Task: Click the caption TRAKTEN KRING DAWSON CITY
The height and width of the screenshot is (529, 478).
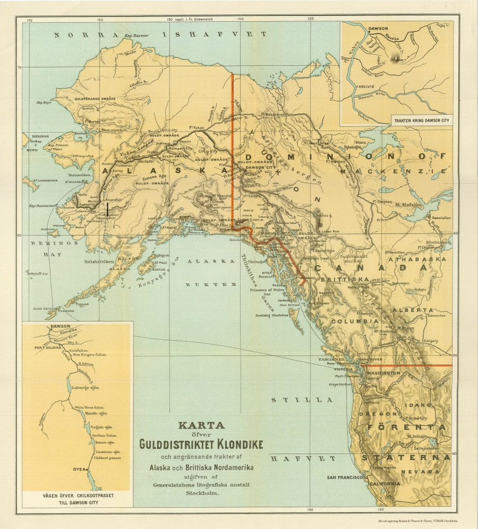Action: point(422,120)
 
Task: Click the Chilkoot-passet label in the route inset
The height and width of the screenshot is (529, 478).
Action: point(105,457)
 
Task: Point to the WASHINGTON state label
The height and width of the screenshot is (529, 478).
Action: point(383,374)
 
